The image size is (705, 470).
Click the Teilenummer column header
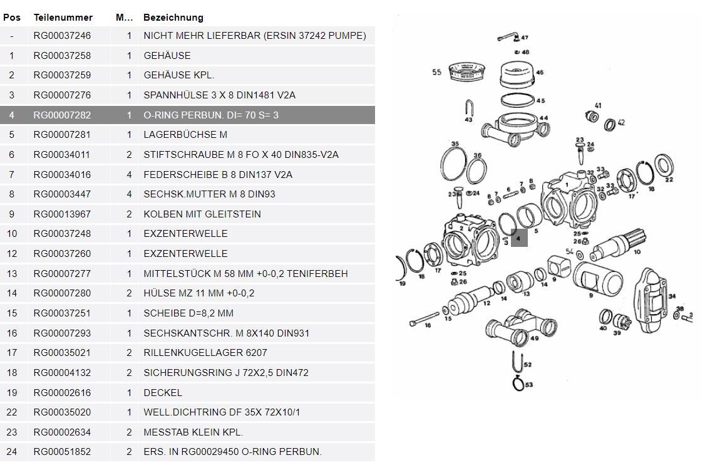(63, 18)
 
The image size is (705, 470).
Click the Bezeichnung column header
(173, 18)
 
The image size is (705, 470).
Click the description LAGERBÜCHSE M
(185, 135)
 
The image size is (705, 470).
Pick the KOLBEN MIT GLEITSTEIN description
(202, 214)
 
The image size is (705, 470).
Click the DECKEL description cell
(163, 393)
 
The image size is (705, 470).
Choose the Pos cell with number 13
(12, 274)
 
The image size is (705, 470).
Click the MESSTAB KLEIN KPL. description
(193, 432)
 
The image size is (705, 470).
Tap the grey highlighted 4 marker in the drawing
(518, 238)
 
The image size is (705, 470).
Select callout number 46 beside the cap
(540, 73)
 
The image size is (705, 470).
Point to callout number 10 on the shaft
(637, 252)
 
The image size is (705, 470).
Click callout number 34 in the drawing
(672, 296)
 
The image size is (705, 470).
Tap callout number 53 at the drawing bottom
(529, 385)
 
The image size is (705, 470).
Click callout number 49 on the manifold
(534, 338)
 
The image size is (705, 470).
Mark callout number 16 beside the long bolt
(428, 326)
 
